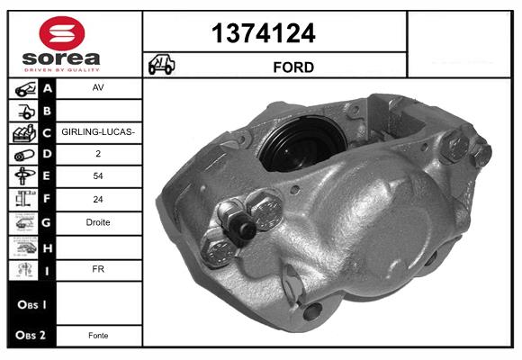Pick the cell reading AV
click(98, 89)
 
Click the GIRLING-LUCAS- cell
click(98, 132)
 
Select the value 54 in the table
click(98, 177)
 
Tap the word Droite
click(98, 222)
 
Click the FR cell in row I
click(98, 267)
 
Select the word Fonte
click(98, 335)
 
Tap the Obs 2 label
click(31, 335)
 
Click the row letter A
click(48, 89)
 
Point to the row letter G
click(48, 222)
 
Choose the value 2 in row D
click(98, 155)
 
